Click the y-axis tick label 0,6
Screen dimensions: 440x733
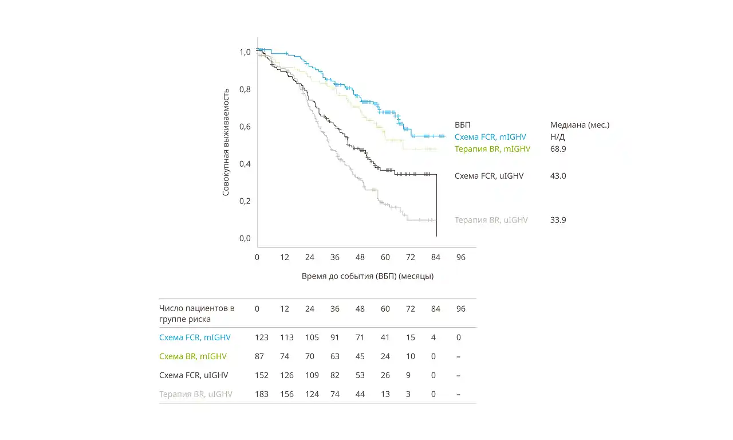point(245,127)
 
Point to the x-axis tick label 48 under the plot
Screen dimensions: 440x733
point(360,257)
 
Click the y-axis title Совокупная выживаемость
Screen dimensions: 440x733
point(226,142)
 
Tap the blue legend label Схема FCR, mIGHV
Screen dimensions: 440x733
point(490,137)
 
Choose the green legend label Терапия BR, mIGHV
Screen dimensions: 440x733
point(492,149)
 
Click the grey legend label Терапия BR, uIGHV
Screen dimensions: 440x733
point(491,220)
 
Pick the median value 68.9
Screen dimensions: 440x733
point(558,149)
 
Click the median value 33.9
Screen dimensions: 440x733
point(558,220)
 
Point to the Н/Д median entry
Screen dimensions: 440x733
point(557,137)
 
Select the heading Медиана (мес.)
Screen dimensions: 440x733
point(580,125)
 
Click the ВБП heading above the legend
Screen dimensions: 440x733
point(463,125)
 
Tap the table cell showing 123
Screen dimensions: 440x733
point(262,337)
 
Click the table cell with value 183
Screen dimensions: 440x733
point(262,394)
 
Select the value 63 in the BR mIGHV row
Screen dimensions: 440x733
point(335,356)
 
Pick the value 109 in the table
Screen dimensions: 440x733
point(310,375)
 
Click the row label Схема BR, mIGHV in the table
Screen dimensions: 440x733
point(193,356)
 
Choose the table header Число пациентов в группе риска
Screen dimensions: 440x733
point(196,313)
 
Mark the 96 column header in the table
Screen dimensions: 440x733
point(461,309)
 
